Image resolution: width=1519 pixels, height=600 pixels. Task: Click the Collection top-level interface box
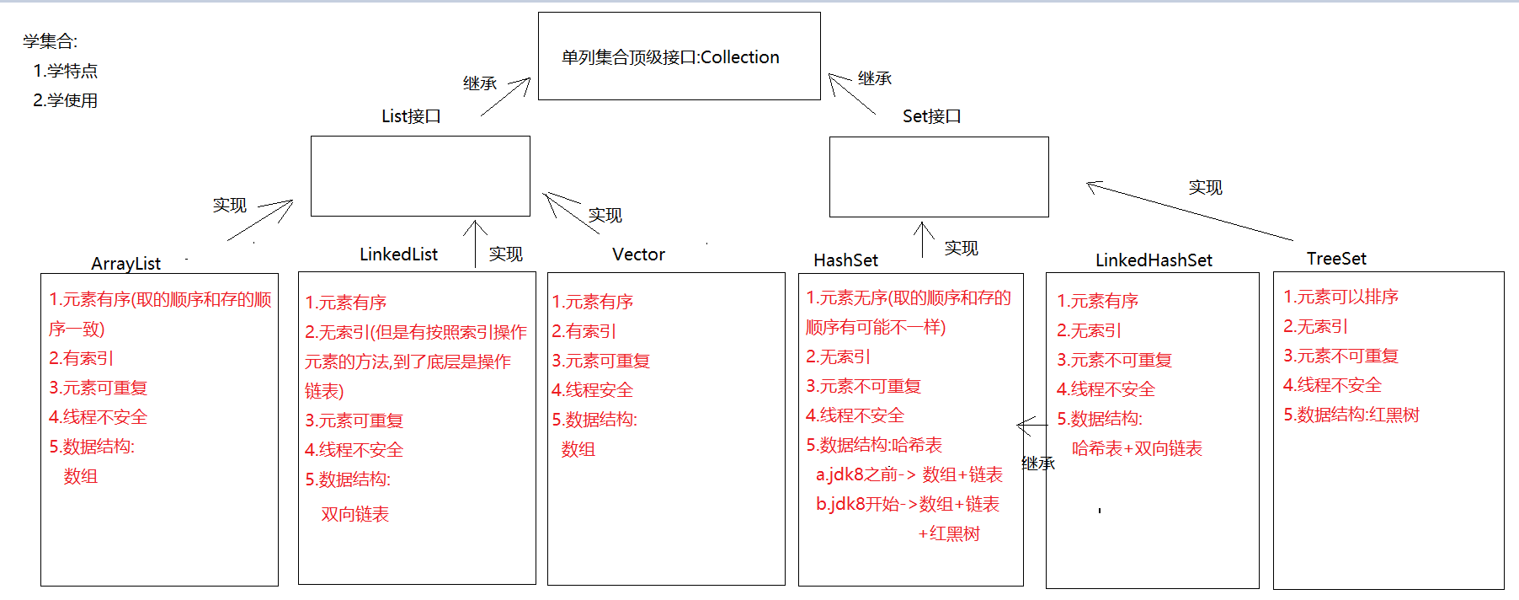[679, 56]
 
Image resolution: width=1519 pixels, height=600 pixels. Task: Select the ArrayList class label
[125, 264]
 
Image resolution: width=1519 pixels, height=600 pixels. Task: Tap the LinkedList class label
[398, 254]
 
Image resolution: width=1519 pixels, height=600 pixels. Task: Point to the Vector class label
[638, 254]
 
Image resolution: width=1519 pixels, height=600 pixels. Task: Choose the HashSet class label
[845, 260]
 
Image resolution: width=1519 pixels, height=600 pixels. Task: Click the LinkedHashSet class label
[1154, 260]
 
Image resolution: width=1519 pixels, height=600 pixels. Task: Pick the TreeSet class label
[1336, 259]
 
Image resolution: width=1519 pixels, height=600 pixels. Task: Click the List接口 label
[411, 116]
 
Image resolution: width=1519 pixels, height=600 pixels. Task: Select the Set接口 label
[931, 116]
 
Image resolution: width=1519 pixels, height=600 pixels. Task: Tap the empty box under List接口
[420, 176]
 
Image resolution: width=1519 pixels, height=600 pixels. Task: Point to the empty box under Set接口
[939, 177]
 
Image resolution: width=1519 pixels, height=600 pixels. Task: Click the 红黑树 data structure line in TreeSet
[1351, 415]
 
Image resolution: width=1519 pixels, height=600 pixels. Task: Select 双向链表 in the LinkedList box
[354, 514]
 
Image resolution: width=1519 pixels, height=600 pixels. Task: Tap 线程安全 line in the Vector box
[592, 390]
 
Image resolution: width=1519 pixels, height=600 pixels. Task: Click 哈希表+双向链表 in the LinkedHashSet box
[1137, 448]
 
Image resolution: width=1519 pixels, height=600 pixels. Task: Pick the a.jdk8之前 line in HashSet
[909, 474]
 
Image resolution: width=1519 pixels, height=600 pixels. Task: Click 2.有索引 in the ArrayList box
[81, 358]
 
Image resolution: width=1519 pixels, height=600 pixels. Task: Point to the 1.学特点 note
[65, 71]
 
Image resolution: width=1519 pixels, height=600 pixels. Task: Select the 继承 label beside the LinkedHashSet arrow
[1037, 463]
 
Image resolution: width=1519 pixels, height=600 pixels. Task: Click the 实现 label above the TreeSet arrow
[1205, 187]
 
